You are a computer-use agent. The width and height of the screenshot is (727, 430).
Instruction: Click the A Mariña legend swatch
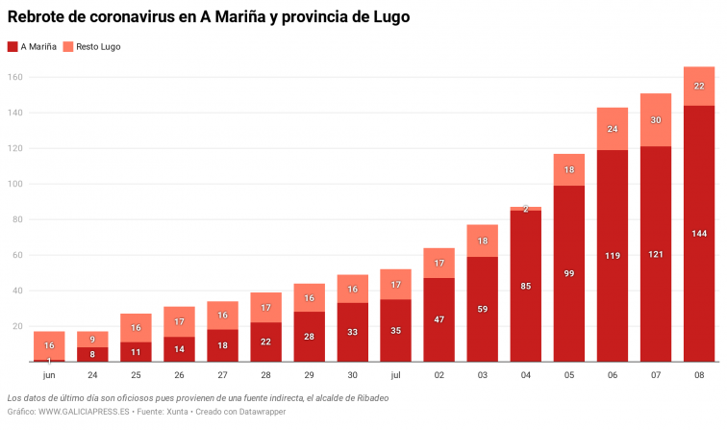tap(12, 46)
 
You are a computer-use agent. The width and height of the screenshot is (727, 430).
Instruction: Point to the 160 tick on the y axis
tap(15, 77)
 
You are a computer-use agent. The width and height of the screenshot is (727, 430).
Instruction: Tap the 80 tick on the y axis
tap(17, 219)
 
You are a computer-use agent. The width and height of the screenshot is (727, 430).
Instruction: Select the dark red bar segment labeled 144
tap(698, 234)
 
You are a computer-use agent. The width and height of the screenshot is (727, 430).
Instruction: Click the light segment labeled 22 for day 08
tap(698, 87)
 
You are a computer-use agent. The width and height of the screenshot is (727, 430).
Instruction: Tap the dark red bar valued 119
tap(612, 256)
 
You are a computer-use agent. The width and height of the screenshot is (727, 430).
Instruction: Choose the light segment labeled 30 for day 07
tap(655, 120)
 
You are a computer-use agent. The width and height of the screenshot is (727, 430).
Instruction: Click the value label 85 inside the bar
tap(525, 286)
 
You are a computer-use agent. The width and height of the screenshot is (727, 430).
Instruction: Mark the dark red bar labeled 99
tap(568, 273)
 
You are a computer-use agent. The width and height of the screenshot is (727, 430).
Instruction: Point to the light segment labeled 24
tap(612, 129)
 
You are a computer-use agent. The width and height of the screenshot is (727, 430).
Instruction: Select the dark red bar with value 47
tap(439, 319)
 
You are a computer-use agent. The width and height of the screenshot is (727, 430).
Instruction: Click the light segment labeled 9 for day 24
tap(92, 340)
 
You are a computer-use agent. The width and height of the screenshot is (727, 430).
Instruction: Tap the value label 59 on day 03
tap(482, 309)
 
